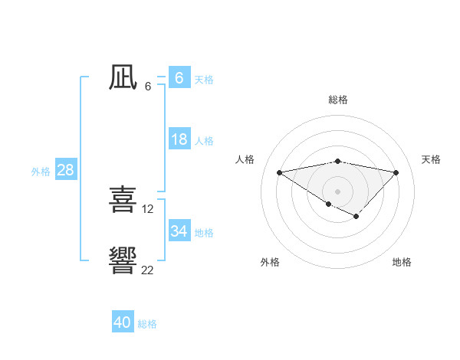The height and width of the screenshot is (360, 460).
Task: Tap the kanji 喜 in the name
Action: click(x=123, y=199)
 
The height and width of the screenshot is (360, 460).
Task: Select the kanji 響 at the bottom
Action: click(x=123, y=260)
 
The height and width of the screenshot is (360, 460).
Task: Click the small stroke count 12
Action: click(x=148, y=208)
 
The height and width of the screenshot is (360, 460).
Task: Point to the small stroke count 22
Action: click(x=147, y=270)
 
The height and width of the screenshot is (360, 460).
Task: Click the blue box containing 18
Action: click(x=179, y=139)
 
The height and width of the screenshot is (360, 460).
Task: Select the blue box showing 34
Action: click(x=179, y=231)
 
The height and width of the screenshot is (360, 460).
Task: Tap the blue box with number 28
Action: click(x=65, y=170)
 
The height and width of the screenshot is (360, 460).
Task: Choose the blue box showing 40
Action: click(x=123, y=322)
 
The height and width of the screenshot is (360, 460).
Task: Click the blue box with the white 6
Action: click(x=179, y=78)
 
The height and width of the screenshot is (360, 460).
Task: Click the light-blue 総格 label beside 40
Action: click(x=147, y=324)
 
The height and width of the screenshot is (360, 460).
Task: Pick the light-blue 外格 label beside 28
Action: click(x=41, y=172)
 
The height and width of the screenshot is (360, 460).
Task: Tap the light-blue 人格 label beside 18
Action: click(x=204, y=141)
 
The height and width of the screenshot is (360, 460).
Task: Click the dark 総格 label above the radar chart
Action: click(x=337, y=100)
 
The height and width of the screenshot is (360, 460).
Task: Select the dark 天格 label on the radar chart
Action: click(x=431, y=159)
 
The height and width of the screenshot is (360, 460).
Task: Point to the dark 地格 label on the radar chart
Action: click(x=402, y=262)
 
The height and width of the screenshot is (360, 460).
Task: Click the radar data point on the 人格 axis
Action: click(x=279, y=172)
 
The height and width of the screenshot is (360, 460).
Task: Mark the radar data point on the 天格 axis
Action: click(x=396, y=172)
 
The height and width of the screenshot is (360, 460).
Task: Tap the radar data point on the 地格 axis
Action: click(x=356, y=217)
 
